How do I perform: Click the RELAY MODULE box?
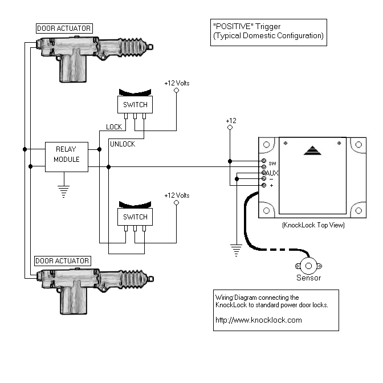67,156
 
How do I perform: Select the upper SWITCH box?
135,104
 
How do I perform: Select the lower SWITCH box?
135,217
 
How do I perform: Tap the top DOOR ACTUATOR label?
64,28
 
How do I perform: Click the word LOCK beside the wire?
115,127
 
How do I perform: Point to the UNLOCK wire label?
122,144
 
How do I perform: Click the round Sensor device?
308,265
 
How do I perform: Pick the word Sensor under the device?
308,278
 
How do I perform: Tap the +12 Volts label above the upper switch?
177,83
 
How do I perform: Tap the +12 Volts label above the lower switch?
177,195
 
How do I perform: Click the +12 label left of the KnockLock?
230,121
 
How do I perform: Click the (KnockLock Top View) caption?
313,225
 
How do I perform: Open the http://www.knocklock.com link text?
258,320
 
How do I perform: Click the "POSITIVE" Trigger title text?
246,26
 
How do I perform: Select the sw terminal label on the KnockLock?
272,162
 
